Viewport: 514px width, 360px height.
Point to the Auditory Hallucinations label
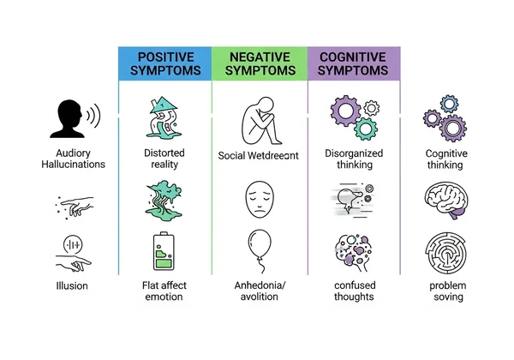[x=72, y=159]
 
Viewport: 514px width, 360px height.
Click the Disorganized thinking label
[x=353, y=159]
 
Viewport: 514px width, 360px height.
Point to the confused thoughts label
[x=353, y=291]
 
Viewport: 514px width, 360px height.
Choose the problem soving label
[x=446, y=291]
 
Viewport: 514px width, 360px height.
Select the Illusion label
[x=72, y=285]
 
